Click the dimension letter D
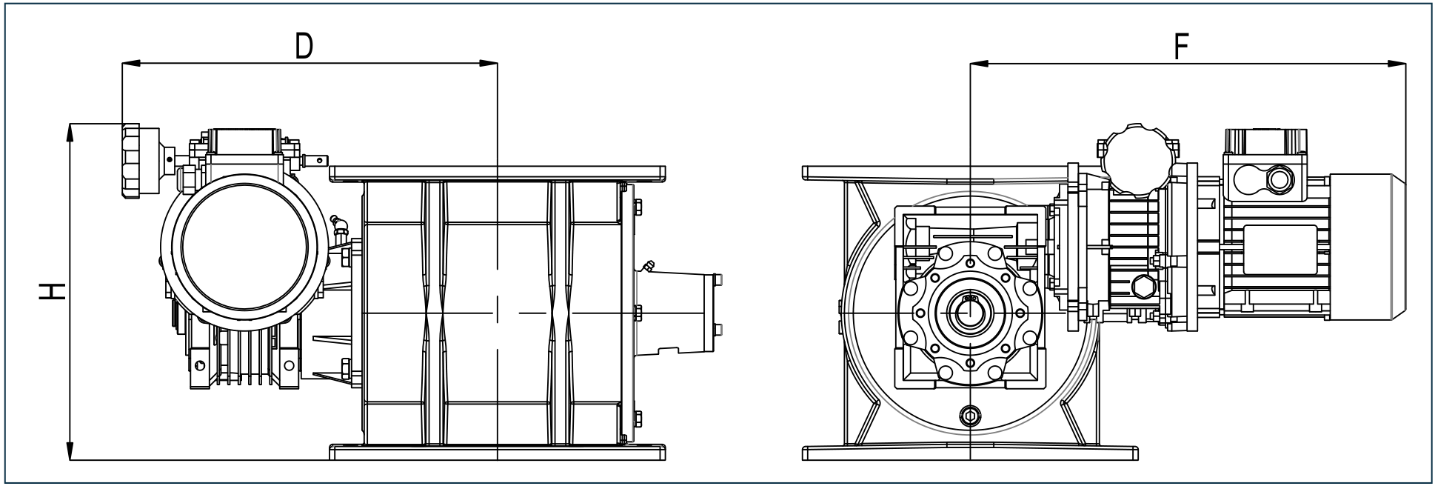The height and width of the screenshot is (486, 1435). point(303,46)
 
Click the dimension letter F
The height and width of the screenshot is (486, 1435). point(1181,46)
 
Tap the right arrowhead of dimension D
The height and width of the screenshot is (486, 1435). point(489,64)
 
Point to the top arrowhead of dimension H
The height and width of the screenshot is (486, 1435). point(70,132)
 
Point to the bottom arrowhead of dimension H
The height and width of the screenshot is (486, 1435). point(70,451)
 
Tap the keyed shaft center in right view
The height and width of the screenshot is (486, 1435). point(969,313)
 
